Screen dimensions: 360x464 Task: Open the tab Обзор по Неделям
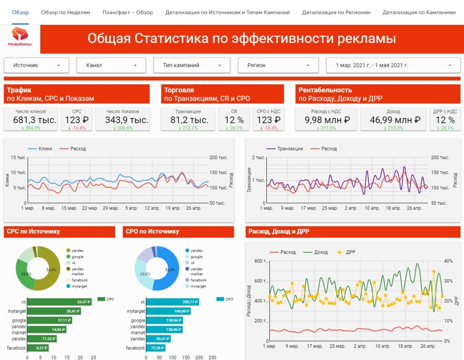[65, 13]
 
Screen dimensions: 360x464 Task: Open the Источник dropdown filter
[36, 65]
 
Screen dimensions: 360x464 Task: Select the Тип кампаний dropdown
[192, 65]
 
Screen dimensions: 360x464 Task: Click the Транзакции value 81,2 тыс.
[189, 120]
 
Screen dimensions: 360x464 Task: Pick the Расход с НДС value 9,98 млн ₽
[328, 120]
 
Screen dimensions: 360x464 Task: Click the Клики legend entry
[45, 149]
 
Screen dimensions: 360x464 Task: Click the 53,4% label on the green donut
[51, 270]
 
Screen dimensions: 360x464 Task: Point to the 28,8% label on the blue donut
[145, 274]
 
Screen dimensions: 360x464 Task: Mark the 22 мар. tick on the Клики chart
[90, 208]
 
